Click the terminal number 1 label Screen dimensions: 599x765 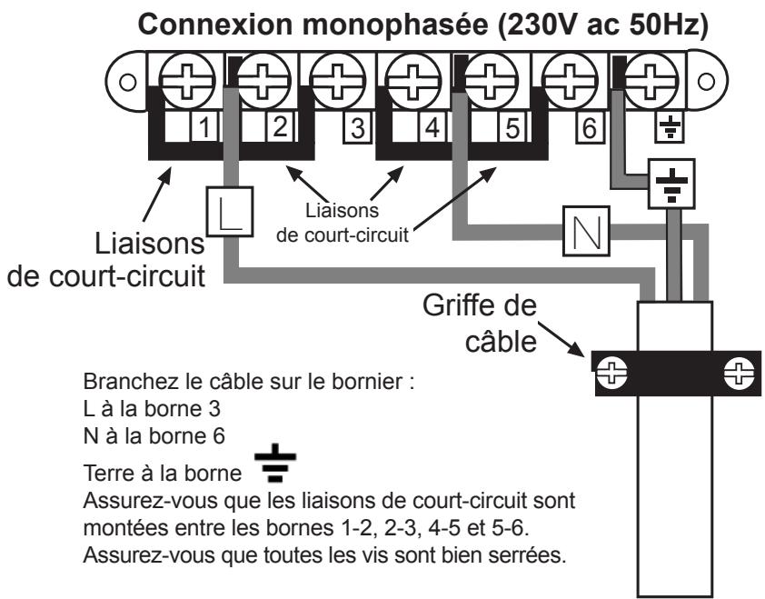(x=206, y=127)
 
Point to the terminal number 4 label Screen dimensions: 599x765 (x=432, y=127)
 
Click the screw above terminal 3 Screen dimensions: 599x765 (x=333, y=76)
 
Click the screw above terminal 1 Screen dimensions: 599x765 (x=179, y=76)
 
